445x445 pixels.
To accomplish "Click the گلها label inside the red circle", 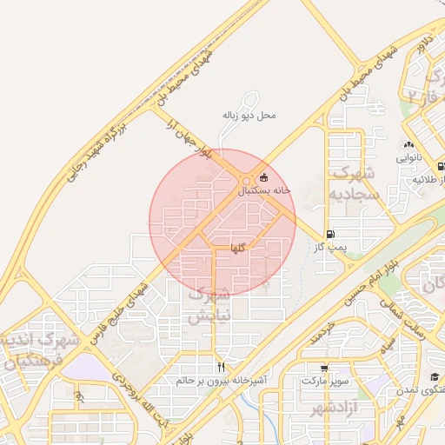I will [238, 249].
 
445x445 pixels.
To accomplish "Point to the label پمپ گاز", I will [329, 248].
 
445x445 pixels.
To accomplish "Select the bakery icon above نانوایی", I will [408, 145].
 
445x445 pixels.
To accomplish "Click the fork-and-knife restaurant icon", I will [221, 367].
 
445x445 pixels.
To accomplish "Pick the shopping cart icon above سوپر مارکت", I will [324, 368].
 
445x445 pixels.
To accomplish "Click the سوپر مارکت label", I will [325, 381].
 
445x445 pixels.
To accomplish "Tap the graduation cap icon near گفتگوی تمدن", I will [434, 376].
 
